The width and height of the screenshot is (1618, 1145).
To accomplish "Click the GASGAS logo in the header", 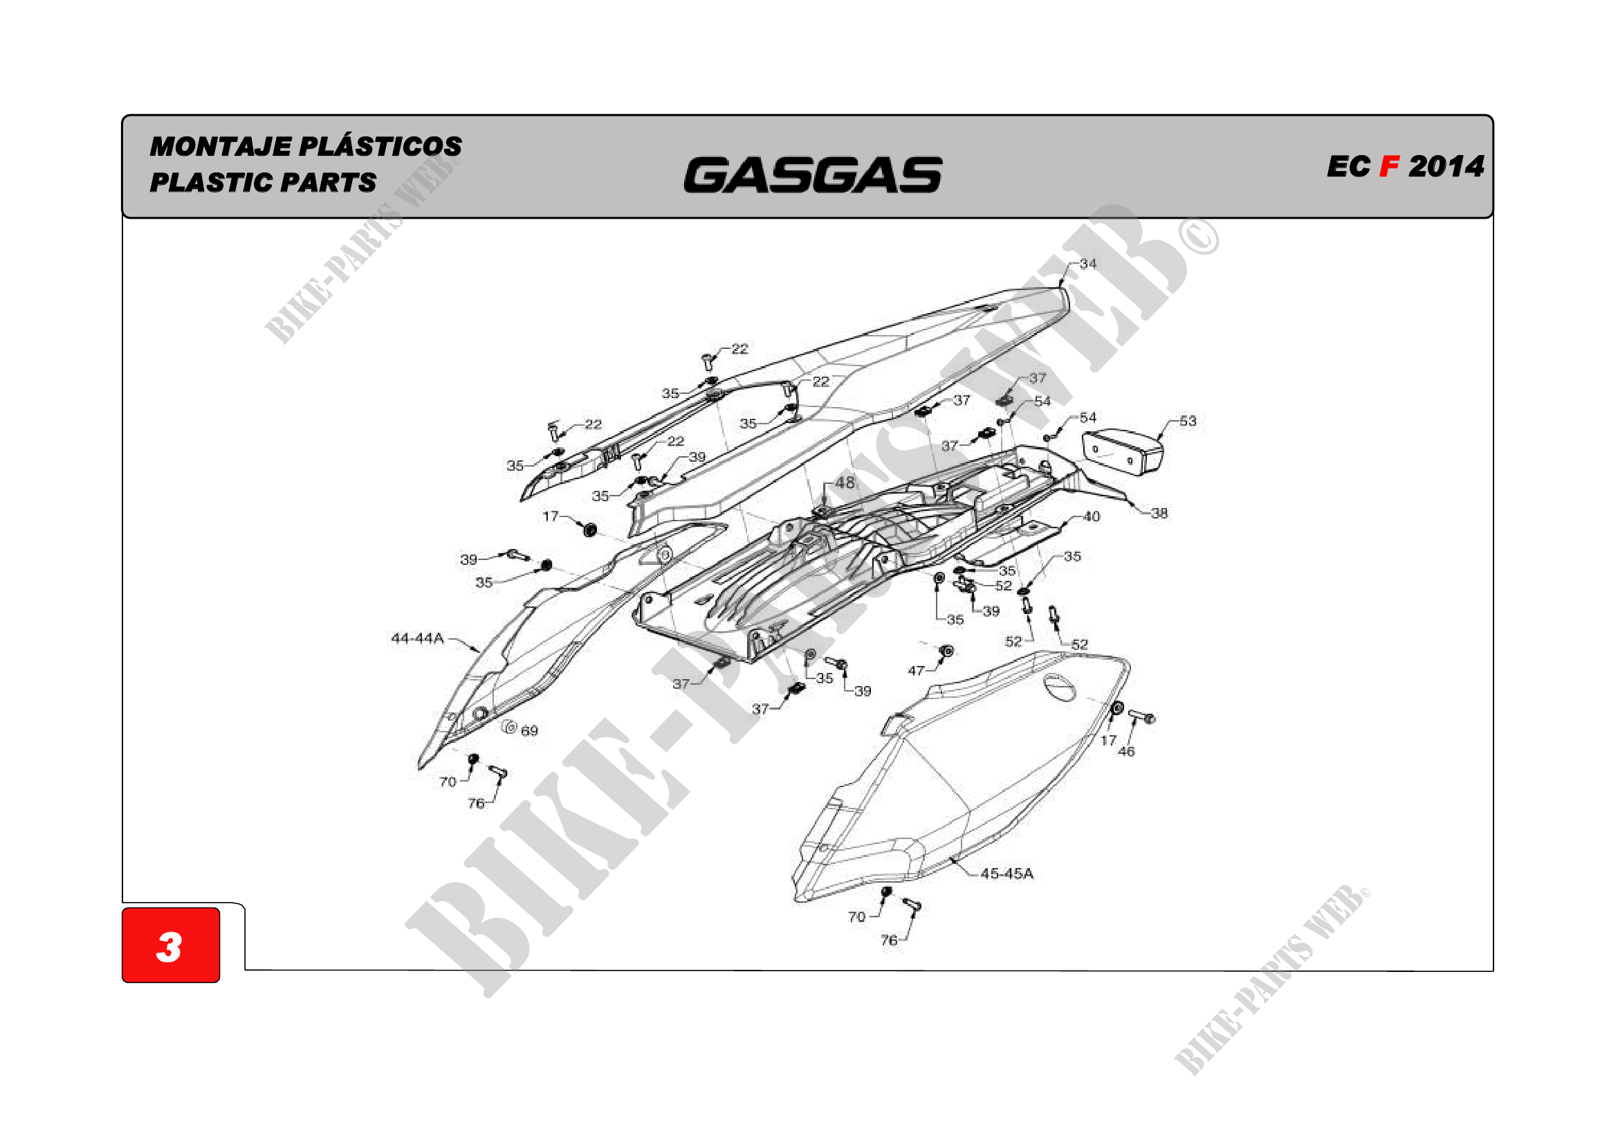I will (813, 175).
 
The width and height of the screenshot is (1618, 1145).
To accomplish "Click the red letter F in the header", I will (1388, 167).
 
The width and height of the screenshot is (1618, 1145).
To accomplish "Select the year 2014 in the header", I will (1446, 167).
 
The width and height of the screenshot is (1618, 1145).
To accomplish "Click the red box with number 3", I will (171, 945).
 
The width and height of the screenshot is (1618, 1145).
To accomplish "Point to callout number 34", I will (1088, 264).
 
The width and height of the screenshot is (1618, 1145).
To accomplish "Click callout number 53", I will (1188, 421).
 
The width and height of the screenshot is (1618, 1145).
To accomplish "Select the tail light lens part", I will (1123, 451).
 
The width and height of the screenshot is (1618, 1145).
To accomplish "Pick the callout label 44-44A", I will (417, 638).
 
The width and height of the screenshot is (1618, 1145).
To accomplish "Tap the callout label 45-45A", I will (1007, 874).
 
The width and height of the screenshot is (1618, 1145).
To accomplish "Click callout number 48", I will (845, 483).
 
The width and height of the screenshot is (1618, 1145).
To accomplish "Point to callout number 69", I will (530, 731).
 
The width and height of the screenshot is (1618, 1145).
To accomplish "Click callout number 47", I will (915, 671).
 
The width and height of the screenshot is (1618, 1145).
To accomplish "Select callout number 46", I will (1127, 752).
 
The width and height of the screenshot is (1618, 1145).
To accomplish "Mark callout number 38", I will (1159, 513).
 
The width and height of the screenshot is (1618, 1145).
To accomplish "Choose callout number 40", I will (1092, 517).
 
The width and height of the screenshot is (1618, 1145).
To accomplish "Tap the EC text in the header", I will (1348, 167).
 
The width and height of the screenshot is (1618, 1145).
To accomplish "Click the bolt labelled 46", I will (1141, 717).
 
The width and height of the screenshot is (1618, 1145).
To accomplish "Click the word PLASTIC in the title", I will (214, 183).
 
